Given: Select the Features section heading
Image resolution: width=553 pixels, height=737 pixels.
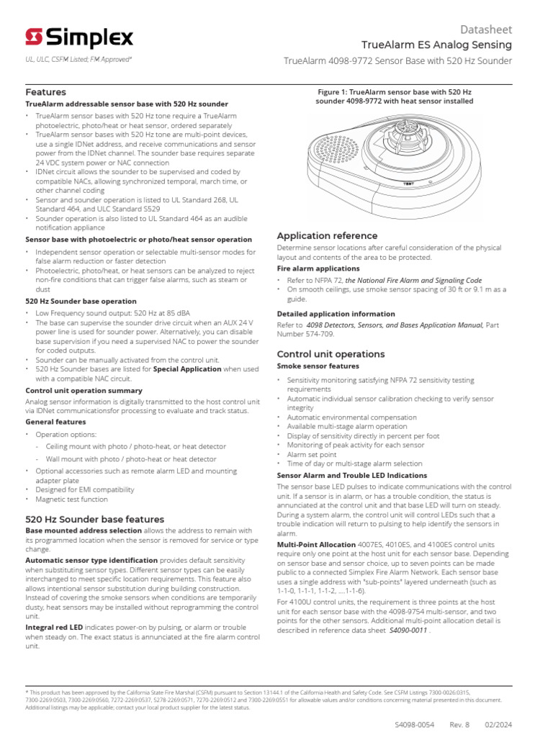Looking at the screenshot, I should (x=45, y=92).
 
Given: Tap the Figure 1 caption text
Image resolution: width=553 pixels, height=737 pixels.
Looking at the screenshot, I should (x=394, y=96).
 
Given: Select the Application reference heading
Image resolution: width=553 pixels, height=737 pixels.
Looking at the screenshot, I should (x=327, y=235).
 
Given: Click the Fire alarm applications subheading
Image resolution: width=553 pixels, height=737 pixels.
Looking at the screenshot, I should (x=318, y=268).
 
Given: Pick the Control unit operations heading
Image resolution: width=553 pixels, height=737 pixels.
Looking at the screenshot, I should (x=331, y=354).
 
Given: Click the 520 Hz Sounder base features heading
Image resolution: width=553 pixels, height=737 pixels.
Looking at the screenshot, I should (x=94, y=519).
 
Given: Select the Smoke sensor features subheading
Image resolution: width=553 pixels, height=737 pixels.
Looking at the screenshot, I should (x=318, y=366).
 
